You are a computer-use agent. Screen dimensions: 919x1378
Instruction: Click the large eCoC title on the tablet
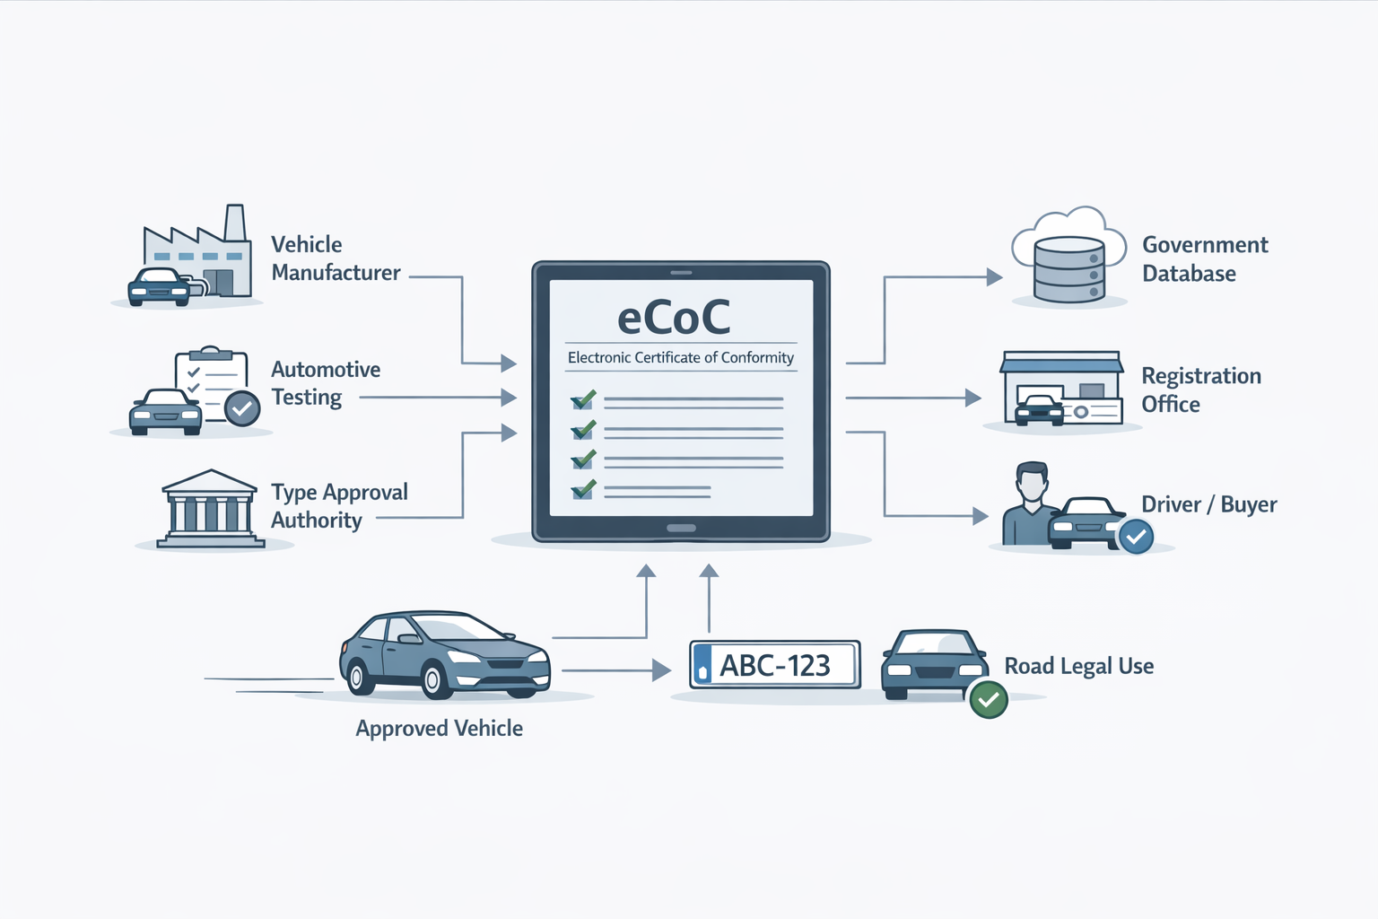tap(674, 317)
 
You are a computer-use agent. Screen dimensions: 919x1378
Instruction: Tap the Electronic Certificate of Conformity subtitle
tap(680, 357)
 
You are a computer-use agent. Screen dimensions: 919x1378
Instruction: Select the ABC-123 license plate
tap(774, 665)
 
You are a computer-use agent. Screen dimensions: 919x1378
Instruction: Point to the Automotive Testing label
tap(325, 383)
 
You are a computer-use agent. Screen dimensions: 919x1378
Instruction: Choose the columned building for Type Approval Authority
tap(210, 509)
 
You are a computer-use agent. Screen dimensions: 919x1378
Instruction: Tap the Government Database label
tap(1204, 258)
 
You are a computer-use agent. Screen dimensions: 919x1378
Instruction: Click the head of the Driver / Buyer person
tap(1032, 482)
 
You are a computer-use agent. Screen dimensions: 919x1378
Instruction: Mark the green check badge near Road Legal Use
tap(989, 699)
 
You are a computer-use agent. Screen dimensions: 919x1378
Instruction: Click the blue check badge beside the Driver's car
tap(1136, 537)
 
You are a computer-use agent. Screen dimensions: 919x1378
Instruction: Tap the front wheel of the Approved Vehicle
tap(434, 680)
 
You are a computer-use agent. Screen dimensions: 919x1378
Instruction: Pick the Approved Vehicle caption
tap(439, 728)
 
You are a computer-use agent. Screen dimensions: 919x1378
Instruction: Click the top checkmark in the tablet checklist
tap(583, 399)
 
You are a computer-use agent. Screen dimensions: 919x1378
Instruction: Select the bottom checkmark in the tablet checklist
tap(583, 490)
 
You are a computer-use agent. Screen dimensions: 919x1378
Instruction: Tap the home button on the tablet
tap(681, 528)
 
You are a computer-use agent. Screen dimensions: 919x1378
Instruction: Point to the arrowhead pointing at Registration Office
tap(973, 398)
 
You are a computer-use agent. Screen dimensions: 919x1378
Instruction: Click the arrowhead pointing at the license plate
tap(662, 670)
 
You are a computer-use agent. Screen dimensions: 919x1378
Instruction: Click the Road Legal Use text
tap(1078, 666)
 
